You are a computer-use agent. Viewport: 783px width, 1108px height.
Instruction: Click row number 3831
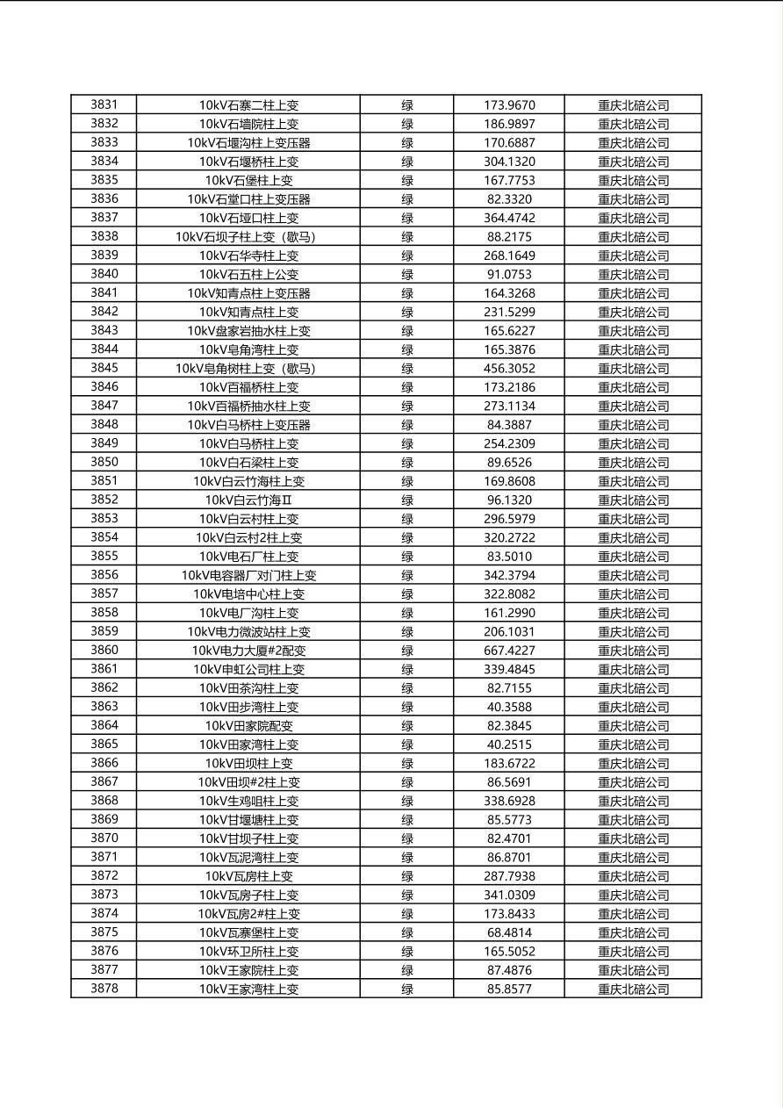click(x=104, y=104)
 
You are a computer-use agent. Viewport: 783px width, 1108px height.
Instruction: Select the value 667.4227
click(x=509, y=651)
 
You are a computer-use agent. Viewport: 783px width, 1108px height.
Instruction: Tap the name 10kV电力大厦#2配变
click(x=248, y=651)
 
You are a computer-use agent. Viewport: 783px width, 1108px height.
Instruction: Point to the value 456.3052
click(x=509, y=369)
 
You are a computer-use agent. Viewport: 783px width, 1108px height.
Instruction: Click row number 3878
click(x=104, y=989)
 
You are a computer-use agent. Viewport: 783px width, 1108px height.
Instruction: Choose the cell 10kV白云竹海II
click(x=248, y=500)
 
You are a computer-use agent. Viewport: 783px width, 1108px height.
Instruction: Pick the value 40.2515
click(x=509, y=745)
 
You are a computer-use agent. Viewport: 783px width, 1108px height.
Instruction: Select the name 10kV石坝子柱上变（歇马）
click(x=248, y=237)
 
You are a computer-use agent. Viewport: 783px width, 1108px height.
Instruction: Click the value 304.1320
click(x=509, y=162)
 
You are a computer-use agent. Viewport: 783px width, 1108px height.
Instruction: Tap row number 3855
click(x=104, y=557)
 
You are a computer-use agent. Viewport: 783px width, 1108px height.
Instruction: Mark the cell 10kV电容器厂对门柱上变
click(x=248, y=576)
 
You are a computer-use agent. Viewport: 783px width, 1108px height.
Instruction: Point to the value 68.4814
click(x=509, y=932)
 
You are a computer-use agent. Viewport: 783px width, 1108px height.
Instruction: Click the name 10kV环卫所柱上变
click(x=248, y=952)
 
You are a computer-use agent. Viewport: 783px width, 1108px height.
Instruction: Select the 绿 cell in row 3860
click(x=407, y=651)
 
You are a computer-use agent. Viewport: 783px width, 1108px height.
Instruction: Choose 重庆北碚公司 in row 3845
click(x=633, y=369)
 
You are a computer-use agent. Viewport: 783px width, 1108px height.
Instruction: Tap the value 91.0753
click(x=509, y=275)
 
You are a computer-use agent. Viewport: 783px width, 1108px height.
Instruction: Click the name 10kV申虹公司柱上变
click(x=248, y=670)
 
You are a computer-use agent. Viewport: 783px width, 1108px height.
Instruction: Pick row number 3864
click(x=104, y=726)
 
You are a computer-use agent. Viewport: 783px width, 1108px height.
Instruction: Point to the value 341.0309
click(x=509, y=895)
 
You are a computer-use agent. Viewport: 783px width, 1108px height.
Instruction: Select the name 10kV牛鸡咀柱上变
click(x=248, y=801)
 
